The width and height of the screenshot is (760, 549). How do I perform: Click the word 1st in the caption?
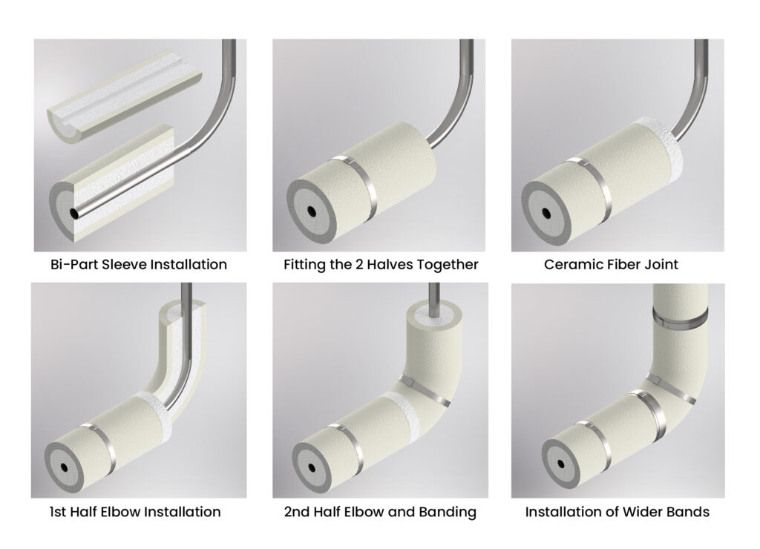click(58, 512)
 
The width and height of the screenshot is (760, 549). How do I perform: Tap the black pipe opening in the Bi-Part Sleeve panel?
click(74, 213)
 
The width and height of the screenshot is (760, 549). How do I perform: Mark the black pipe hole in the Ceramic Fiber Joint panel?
click(546, 213)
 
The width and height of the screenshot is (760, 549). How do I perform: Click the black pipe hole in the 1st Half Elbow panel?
click(64, 467)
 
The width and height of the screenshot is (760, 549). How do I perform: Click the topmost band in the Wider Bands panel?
click(680, 318)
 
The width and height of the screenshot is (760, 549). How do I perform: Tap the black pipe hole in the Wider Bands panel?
click(561, 464)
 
